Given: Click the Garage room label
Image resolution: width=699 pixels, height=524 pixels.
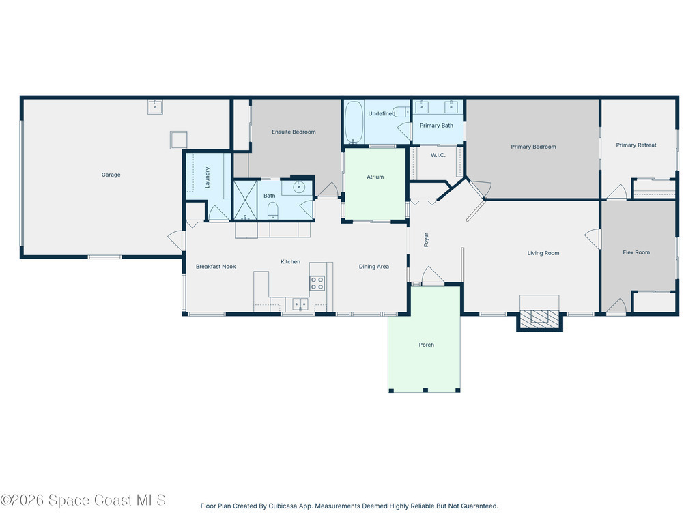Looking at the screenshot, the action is coord(111,175).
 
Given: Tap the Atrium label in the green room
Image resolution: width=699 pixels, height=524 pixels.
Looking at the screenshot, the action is coord(375,177).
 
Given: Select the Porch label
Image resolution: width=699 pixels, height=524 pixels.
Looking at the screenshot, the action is coord(427,345).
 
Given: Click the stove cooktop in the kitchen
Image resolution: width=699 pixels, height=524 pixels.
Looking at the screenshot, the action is coord(317,283).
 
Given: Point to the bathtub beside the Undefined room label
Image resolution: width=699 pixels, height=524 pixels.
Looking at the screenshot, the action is coord(354,123).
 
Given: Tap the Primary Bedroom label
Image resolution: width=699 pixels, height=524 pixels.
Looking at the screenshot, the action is coord(534,147).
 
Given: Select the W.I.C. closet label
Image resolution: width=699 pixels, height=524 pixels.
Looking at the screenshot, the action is coord(438,155).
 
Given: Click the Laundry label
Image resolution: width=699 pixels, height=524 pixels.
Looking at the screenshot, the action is coord(208,177).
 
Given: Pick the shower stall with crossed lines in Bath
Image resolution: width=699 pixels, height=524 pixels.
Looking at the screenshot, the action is coord(246,200).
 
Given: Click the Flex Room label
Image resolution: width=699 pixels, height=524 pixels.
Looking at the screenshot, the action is coord(636,252).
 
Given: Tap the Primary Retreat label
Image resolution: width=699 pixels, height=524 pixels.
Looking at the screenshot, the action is coord(636,145).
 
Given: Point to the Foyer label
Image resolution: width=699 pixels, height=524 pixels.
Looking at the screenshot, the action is coord(426,239).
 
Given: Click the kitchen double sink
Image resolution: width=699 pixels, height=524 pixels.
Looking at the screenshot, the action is coord(300,304).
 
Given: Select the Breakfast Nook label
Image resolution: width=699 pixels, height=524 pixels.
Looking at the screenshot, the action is coord(216,267).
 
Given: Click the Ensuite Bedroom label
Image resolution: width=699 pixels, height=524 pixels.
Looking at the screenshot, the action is coord(294,132).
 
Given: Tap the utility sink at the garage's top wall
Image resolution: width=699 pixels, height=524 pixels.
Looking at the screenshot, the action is coord(155,107).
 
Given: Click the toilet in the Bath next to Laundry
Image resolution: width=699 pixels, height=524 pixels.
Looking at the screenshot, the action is coord(273,210).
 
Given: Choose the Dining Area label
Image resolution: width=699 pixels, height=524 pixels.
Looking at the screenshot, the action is coord(374,267).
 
